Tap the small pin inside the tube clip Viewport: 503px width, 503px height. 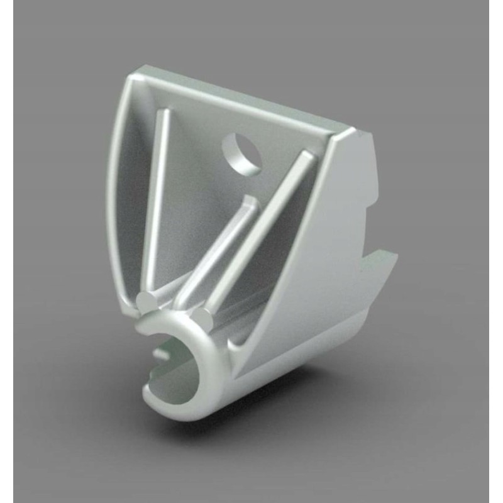[x=162, y=353]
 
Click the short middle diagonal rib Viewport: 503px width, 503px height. [x=217, y=251]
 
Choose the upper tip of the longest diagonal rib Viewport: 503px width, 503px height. [x=306, y=155]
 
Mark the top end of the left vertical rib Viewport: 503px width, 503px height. [x=165, y=113]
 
